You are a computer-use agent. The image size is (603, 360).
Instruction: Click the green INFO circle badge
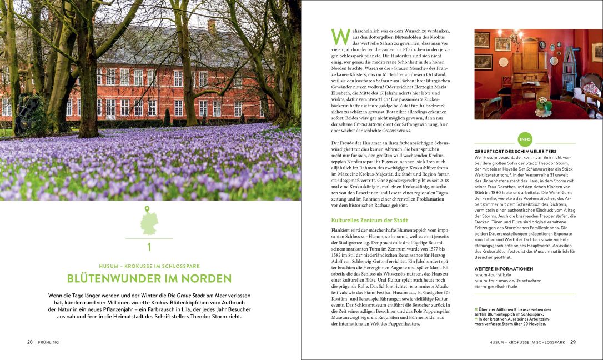[x=525, y=138]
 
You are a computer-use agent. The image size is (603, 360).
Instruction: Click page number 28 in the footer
[x=30, y=342]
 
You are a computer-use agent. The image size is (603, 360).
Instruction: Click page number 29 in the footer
[x=573, y=342]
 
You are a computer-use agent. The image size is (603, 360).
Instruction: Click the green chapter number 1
[x=149, y=247]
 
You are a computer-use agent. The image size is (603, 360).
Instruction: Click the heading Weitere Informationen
[x=504, y=268]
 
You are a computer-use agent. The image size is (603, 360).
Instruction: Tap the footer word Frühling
[x=48, y=342]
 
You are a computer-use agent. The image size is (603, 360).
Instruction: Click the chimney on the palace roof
[x=212, y=26]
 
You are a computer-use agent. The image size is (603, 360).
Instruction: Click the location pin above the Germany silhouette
[x=148, y=209]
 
